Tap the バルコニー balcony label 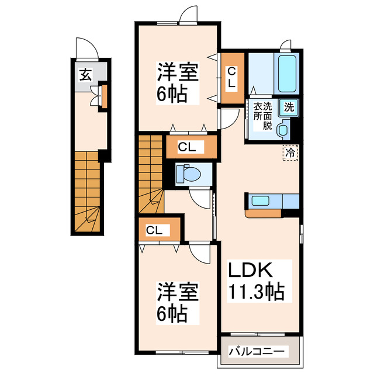(x=256, y=352)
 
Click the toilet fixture (x=189, y=174)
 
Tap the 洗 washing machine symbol (x=289, y=107)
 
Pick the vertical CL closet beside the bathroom (x=231, y=78)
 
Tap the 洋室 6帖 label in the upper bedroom (x=178, y=82)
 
